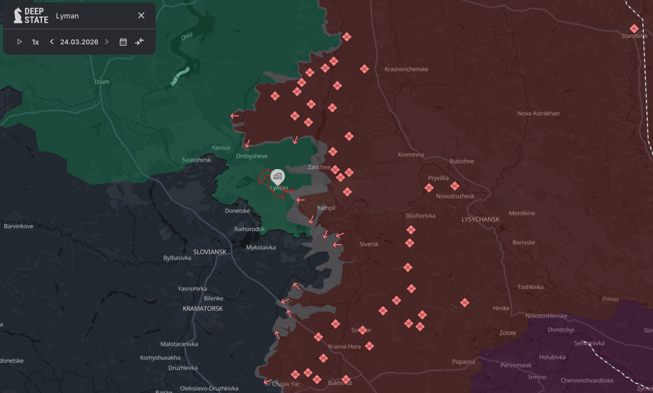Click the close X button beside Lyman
tap(141, 16)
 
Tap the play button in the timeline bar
tap(20, 42)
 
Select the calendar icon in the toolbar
tap(123, 42)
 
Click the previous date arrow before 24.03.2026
tap(52, 42)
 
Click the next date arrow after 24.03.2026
tap(107, 42)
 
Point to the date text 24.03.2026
tap(79, 42)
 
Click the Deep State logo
tap(31, 16)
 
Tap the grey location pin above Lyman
tap(278, 176)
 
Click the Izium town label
tap(102, 82)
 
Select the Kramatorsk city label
tap(203, 308)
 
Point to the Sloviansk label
tap(209, 252)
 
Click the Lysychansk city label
tap(480, 220)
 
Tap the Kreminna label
tap(411, 155)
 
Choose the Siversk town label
tap(369, 244)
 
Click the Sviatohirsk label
tap(196, 160)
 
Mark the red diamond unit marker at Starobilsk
tap(634, 28)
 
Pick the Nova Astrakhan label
tap(538, 113)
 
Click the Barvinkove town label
tap(19, 226)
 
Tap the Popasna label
tap(463, 362)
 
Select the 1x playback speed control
tap(36, 42)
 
